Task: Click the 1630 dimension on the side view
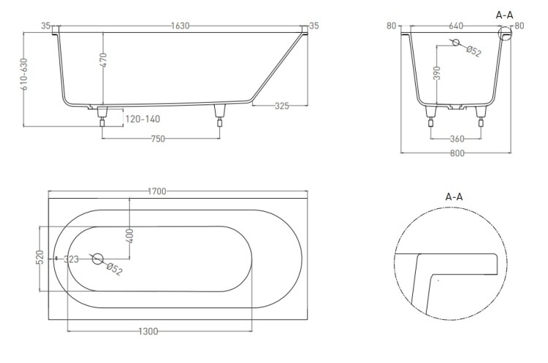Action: click(x=180, y=26)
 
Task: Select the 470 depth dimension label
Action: click(x=103, y=60)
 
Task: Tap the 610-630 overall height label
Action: click(x=24, y=74)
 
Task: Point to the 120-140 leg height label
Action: click(x=142, y=119)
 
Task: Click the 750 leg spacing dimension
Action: click(x=158, y=139)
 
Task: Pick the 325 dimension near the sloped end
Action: click(x=282, y=105)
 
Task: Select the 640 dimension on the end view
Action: click(x=456, y=26)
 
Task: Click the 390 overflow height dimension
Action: click(x=437, y=72)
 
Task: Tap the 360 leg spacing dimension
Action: click(x=457, y=139)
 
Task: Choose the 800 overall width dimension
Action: click(x=457, y=153)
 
